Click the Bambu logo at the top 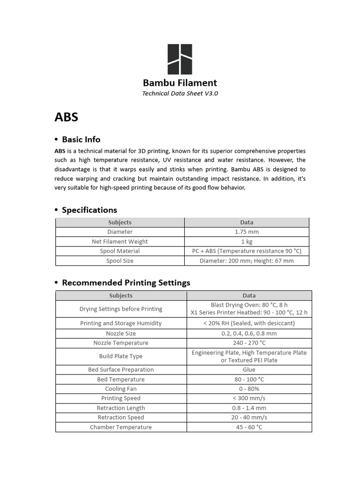(180, 60)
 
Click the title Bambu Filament (180, 83)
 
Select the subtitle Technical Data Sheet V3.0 (180, 93)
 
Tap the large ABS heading (67, 117)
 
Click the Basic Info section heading (81, 140)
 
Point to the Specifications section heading (90, 210)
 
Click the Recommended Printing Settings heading (126, 283)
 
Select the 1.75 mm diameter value (247, 232)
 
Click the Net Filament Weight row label (120, 241)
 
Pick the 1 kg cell (247, 241)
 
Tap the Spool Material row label (120, 251)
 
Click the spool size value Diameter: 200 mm (247, 261)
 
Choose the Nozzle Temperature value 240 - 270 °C (249, 343)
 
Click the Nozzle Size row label (121, 334)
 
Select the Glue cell (249, 370)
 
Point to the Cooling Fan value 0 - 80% (249, 389)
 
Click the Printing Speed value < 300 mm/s (249, 398)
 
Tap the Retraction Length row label (121, 408)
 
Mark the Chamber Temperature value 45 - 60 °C (249, 427)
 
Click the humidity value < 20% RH (249, 323)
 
